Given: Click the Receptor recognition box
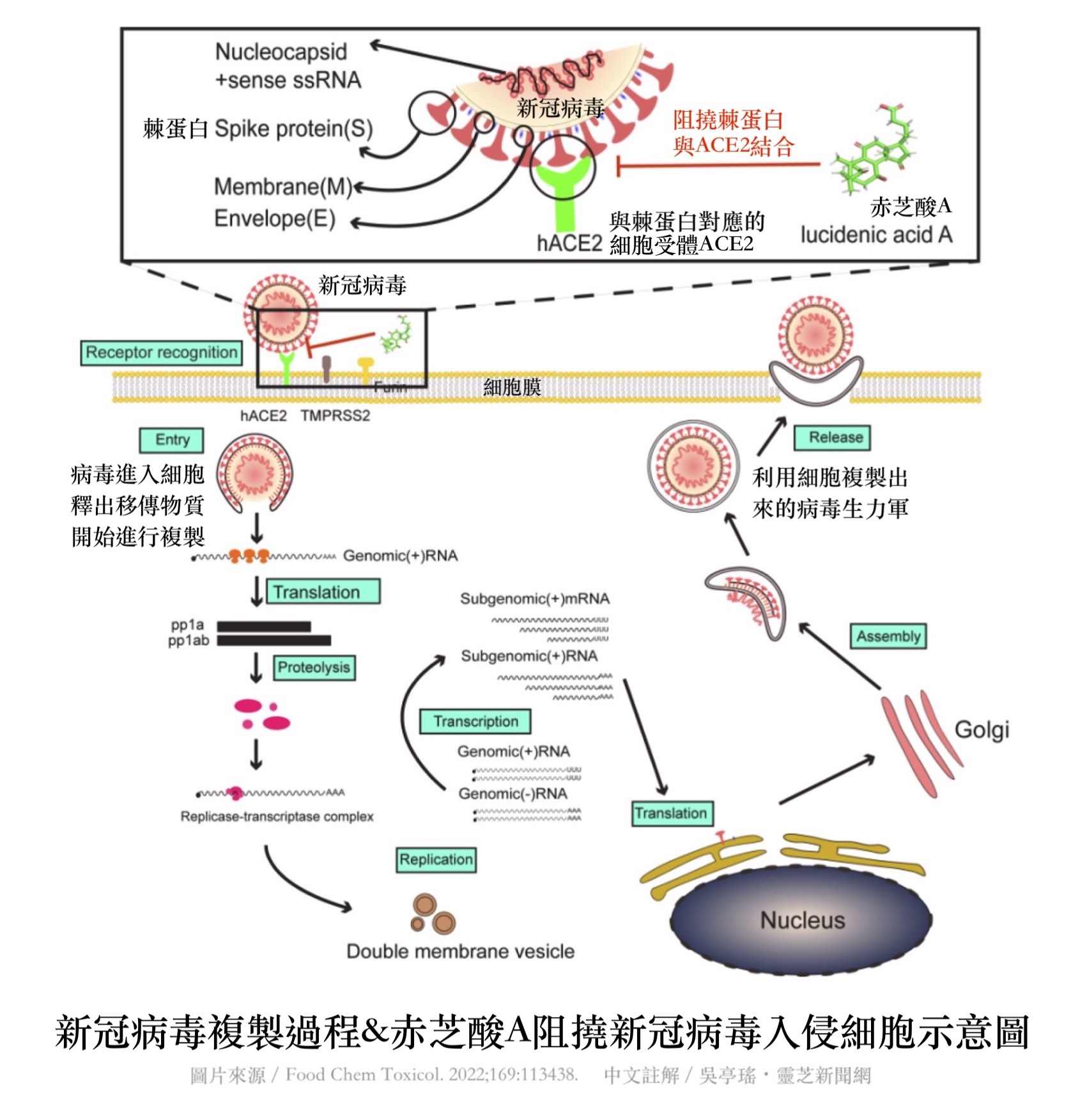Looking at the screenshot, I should (x=161, y=353).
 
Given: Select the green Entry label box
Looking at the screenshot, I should (x=171, y=440).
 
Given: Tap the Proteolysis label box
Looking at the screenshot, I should (x=314, y=668).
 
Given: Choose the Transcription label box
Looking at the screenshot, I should (x=475, y=721).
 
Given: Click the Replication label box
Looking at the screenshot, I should (x=436, y=859).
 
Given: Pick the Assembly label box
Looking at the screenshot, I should (x=888, y=636).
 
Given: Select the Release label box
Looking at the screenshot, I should (x=831, y=438).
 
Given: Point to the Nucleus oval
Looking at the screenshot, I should (x=801, y=920).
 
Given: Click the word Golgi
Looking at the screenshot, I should (x=982, y=730).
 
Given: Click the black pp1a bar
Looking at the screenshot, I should (x=263, y=626).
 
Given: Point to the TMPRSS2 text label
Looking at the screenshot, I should (x=335, y=416).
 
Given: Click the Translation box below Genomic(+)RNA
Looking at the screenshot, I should (x=323, y=592).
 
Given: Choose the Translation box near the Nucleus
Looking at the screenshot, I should (x=672, y=813).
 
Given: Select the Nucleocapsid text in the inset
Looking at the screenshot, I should (x=281, y=52).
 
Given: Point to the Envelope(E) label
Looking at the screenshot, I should (x=274, y=219).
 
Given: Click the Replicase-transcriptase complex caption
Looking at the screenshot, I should (x=277, y=816).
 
